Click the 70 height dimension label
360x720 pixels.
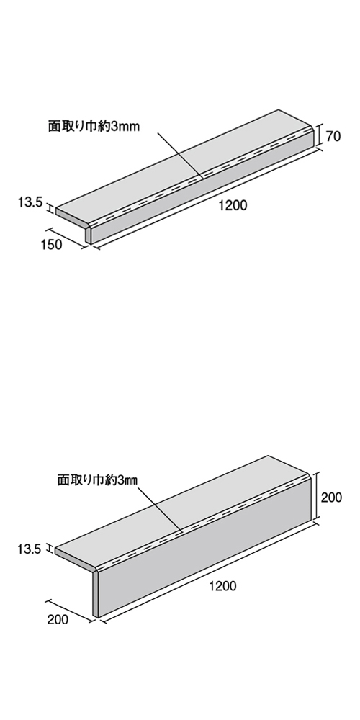pos(334,136)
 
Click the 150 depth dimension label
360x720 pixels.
pos(51,245)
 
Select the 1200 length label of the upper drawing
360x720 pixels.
pos(233,206)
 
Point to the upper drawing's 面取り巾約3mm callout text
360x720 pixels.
pos(94,127)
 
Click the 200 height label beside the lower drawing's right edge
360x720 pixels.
pos(331,498)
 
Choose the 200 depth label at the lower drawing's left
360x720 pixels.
pos(58,619)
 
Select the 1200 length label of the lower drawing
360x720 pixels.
pos(222,586)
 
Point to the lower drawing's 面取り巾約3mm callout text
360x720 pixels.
pos(97,480)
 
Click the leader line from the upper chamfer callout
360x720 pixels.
pos(179,154)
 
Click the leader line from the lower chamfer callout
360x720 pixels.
pos(160,510)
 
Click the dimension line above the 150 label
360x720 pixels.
pos(66,238)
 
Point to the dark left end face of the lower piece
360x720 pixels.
pos(96,594)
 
